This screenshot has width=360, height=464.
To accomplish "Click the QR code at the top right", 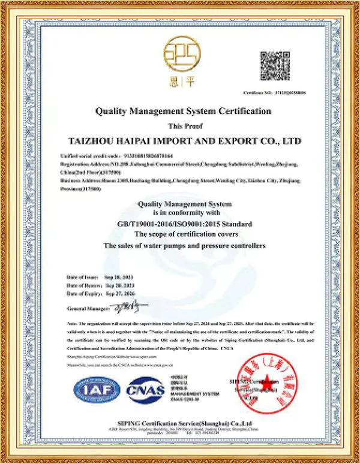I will pos(274,67).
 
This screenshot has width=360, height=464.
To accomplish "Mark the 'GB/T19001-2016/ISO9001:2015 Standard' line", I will pos(184,224).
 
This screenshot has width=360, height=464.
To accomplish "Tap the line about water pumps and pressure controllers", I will pos(184,246).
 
